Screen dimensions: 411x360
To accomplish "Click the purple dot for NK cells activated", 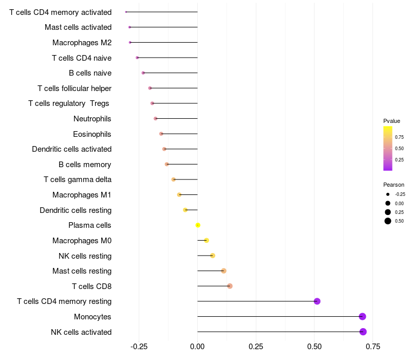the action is [363, 332].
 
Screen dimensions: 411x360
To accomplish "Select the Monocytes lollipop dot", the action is [362, 316].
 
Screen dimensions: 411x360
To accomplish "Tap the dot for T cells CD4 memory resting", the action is [317, 301].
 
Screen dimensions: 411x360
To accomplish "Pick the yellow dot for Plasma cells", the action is [198, 225].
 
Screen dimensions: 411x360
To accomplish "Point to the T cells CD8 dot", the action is [230, 286].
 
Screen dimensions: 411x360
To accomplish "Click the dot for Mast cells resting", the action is [223, 271].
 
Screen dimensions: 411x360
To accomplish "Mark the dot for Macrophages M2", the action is [130, 42].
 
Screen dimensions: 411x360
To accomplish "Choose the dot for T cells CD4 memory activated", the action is [126, 12].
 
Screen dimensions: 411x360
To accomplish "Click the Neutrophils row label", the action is [92, 119].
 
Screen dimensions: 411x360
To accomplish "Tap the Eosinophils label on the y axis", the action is [92, 134].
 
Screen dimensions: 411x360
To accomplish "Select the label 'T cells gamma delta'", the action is [78, 179].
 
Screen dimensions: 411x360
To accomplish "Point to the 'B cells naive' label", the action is [90, 73].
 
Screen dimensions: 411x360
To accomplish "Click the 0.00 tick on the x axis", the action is [197, 347].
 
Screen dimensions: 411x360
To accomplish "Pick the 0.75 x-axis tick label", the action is [373, 347].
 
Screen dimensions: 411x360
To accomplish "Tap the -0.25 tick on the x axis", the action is [139, 347].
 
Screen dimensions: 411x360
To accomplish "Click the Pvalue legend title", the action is [391, 121].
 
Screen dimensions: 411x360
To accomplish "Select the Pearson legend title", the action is [394, 185].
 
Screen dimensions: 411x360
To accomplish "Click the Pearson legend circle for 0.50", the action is [388, 221].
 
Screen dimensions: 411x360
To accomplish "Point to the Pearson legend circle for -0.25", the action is [388, 194].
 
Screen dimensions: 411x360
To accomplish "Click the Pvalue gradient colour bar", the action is [388, 149].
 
